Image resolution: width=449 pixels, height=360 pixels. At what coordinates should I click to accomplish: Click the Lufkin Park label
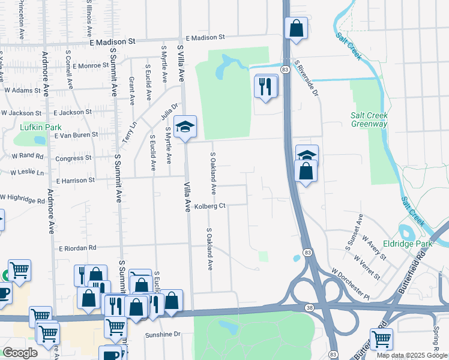[x=41, y=128]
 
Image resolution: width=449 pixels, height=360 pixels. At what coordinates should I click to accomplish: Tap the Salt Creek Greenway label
[x=369, y=119]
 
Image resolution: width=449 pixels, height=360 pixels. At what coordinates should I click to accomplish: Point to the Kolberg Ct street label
[x=209, y=206]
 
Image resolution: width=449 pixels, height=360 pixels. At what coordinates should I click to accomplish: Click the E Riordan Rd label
[x=77, y=248]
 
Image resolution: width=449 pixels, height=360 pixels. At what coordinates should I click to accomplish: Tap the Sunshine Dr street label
[x=163, y=334]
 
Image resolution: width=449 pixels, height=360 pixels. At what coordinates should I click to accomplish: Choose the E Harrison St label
[x=76, y=180]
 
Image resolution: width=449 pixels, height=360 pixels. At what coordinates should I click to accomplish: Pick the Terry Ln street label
[x=130, y=132]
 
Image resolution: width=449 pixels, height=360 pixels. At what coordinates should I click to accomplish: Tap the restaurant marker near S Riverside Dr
[x=265, y=86]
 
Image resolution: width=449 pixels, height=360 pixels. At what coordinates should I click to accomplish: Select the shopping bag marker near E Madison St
[x=296, y=28]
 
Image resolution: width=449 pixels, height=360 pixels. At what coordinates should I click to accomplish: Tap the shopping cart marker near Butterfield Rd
[x=381, y=339]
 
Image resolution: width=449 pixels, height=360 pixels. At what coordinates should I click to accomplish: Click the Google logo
[x=20, y=353]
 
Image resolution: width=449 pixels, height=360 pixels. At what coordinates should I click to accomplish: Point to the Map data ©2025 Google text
[x=412, y=355]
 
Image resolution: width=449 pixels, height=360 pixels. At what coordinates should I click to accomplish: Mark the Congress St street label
[x=73, y=159]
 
